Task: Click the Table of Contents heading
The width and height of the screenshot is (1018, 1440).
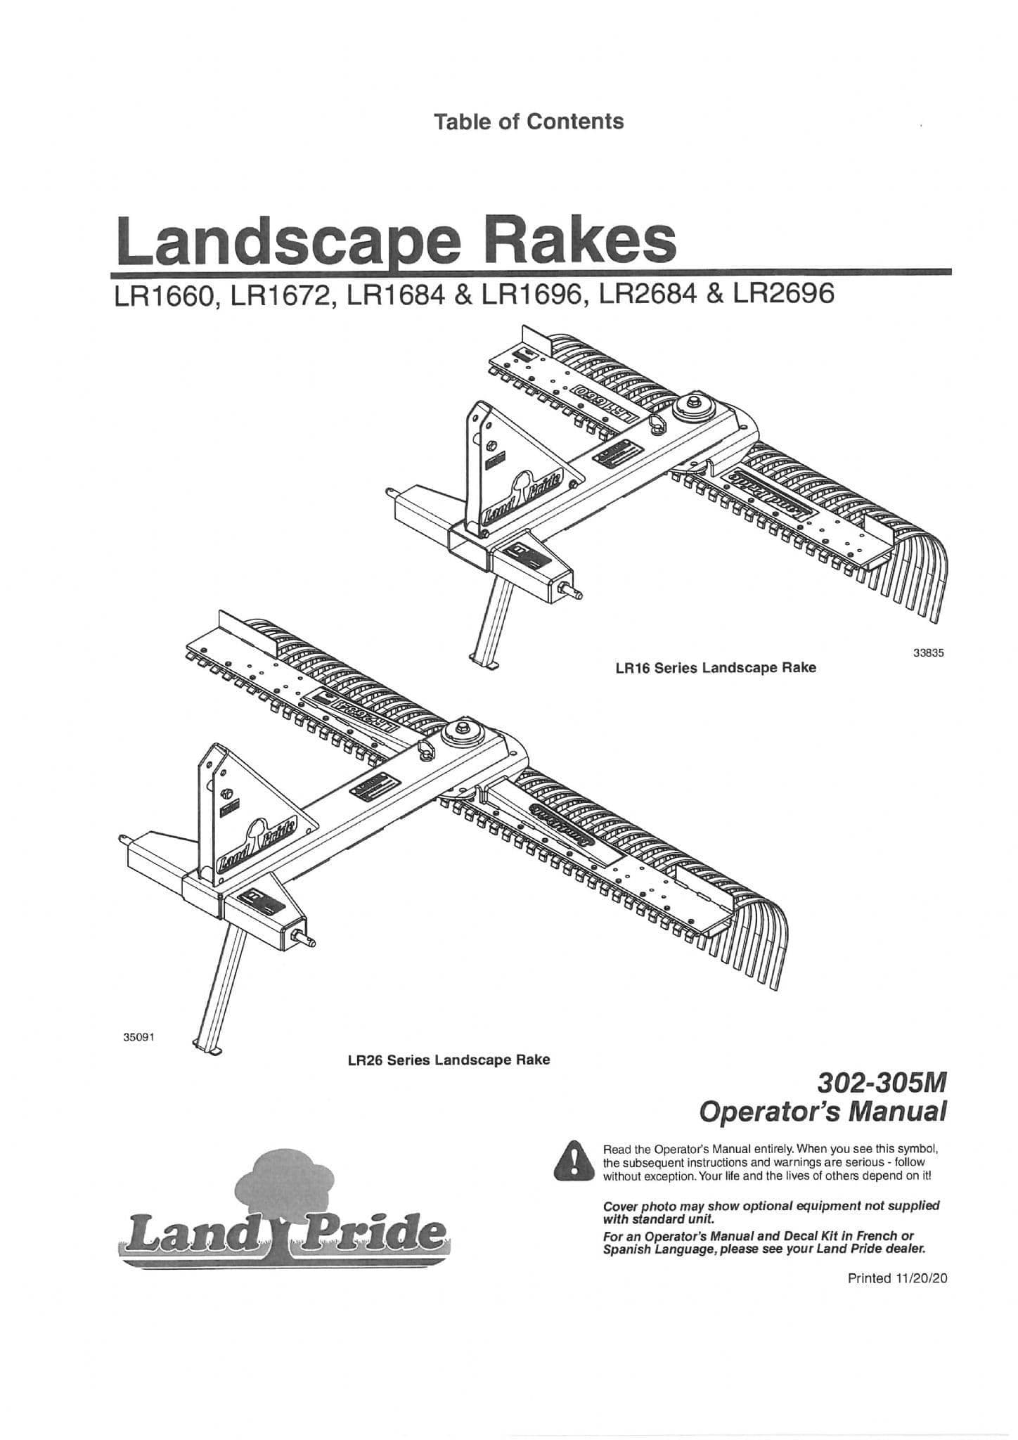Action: coord(528,122)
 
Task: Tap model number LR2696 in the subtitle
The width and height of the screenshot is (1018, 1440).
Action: coord(783,293)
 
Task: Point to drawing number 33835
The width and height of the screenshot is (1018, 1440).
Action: coord(927,652)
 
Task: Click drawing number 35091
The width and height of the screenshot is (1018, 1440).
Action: coord(138,1036)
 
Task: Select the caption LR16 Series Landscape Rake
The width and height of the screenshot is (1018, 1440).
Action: coord(715,667)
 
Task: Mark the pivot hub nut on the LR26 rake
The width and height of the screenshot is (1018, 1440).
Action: coord(464,728)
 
